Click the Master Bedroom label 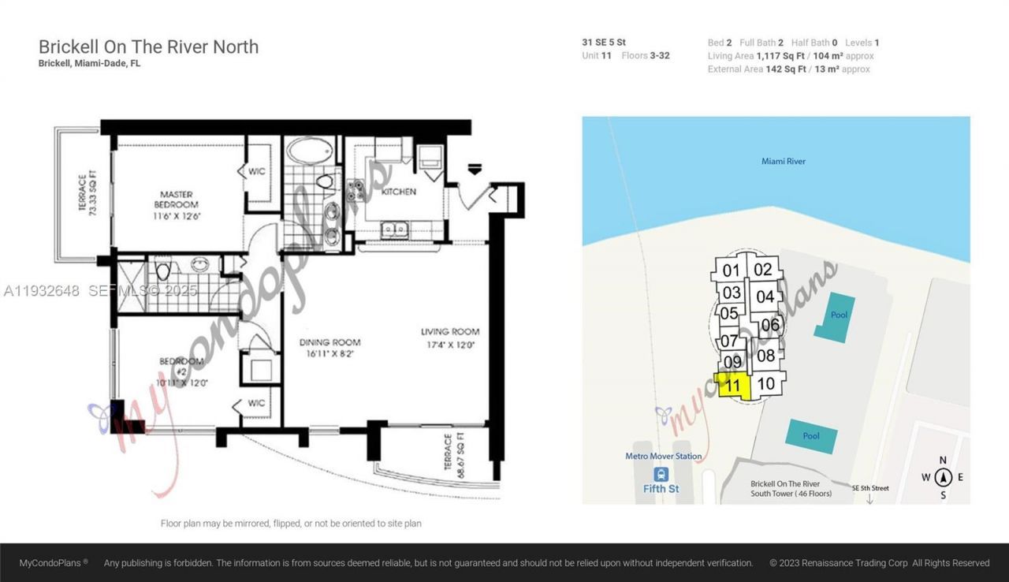pyautogui.click(x=177, y=200)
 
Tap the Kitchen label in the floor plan pyautogui.click(x=399, y=192)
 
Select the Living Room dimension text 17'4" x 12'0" pyautogui.click(x=449, y=345)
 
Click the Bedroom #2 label pyautogui.click(x=181, y=367)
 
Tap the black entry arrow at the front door pyautogui.click(x=475, y=168)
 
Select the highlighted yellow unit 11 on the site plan pyautogui.click(x=732, y=386)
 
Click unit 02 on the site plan pyautogui.click(x=762, y=269)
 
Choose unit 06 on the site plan pyautogui.click(x=770, y=324)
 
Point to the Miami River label pyautogui.click(x=783, y=162)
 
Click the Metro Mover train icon pyautogui.click(x=661, y=474)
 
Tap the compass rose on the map pyautogui.click(x=944, y=477)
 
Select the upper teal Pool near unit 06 pyautogui.click(x=836, y=315)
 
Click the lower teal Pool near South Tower pyautogui.click(x=811, y=436)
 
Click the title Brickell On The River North pyautogui.click(x=148, y=47)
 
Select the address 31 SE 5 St pyautogui.click(x=604, y=43)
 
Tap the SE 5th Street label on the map pyautogui.click(x=870, y=488)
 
